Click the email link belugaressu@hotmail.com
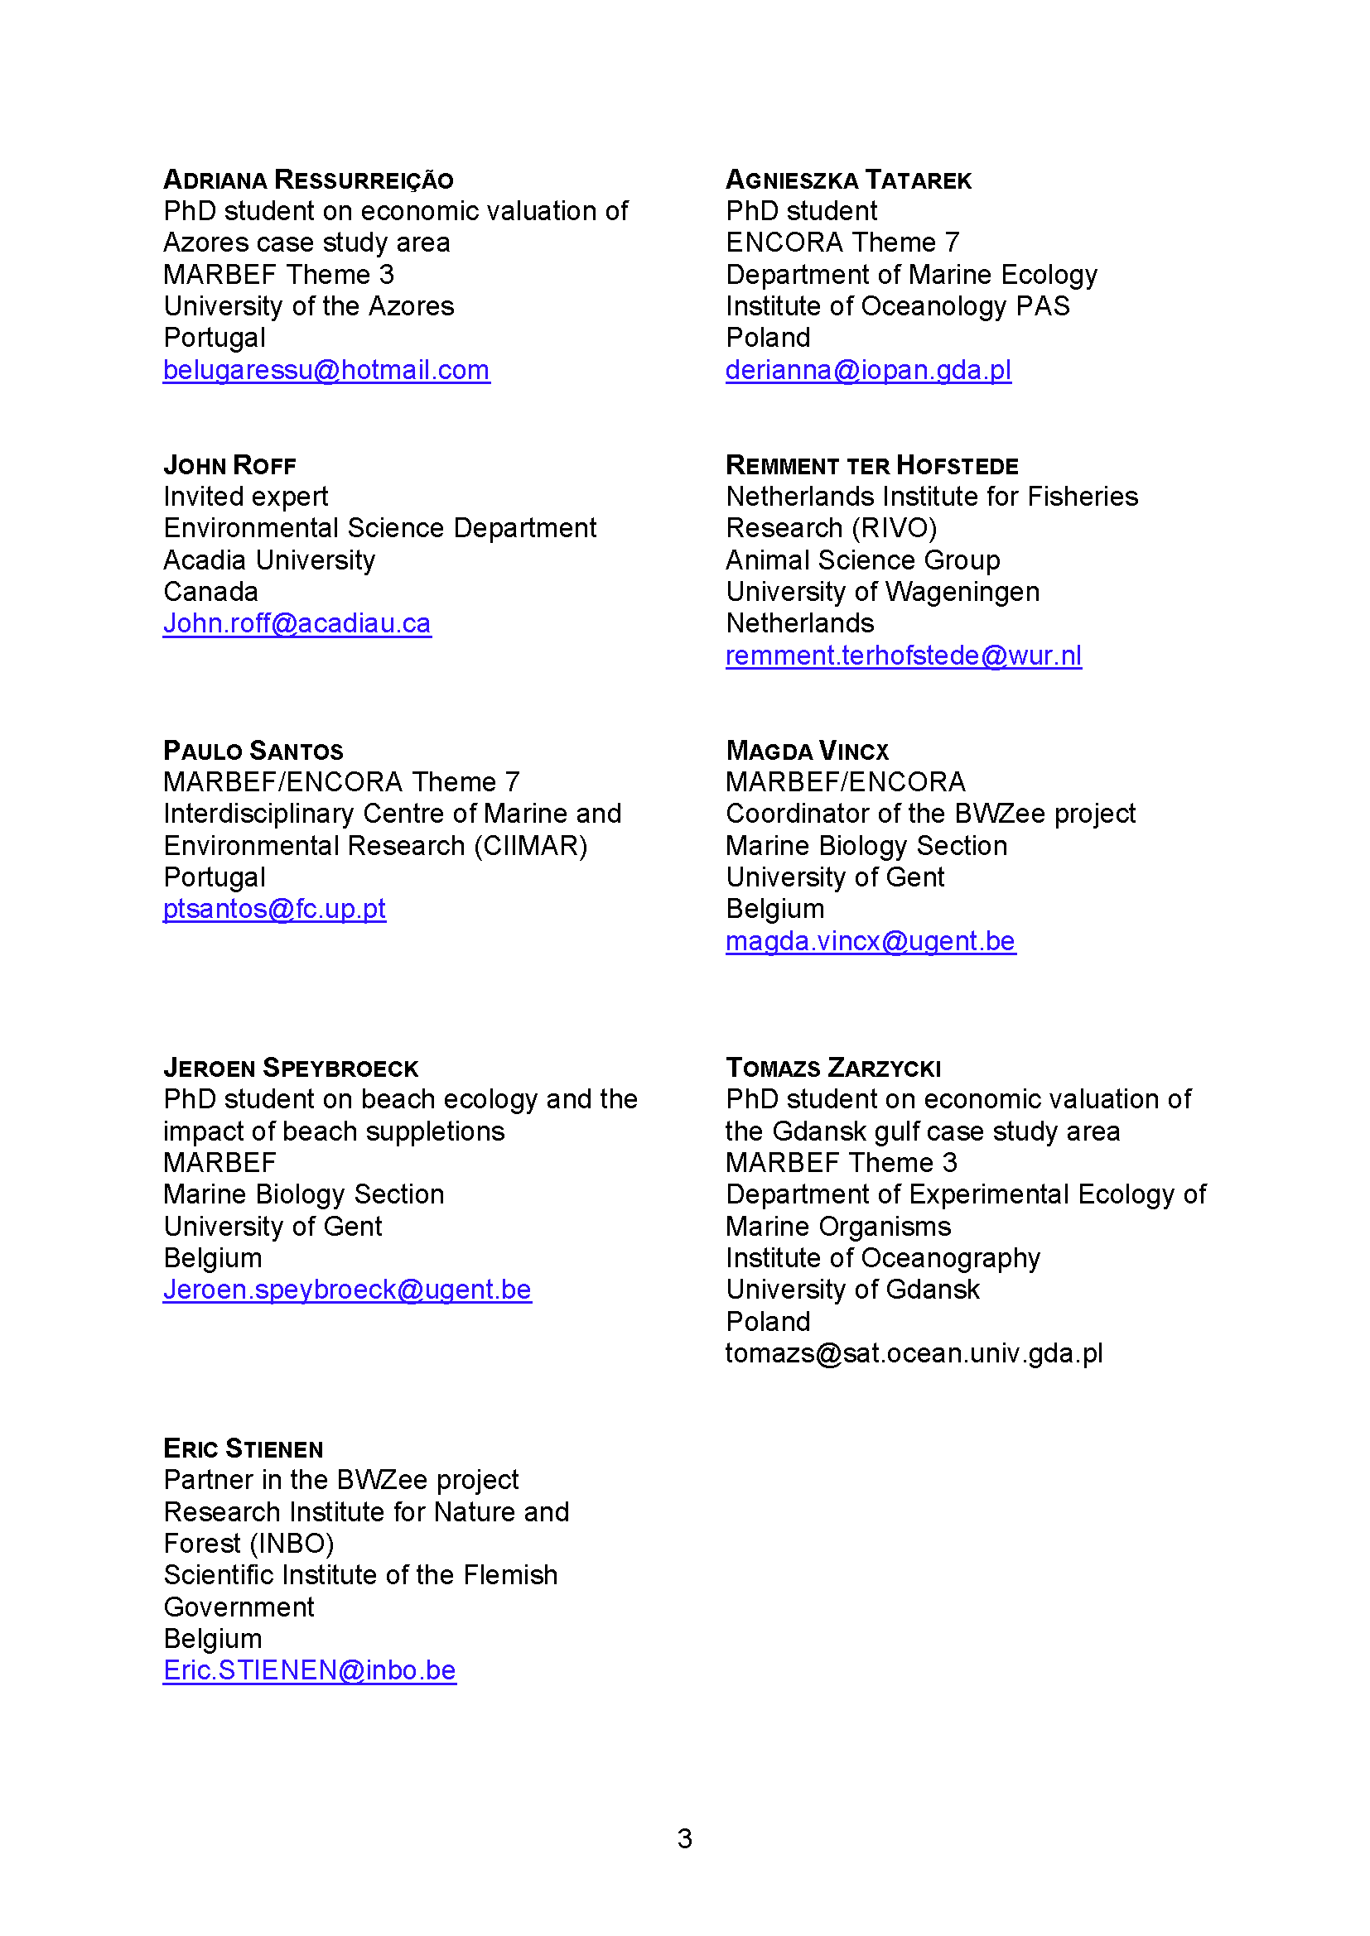(x=326, y=370)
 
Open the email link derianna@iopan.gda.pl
(x=868, y=370)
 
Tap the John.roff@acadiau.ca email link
(x=297, y=623)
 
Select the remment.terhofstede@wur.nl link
(x=904, y=656)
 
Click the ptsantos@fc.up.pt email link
(x=274, y=909)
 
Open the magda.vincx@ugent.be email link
(x=871, y=941)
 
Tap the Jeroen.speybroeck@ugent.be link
(x=347, y=1290)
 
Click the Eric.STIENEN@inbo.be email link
(x=310, y=1670)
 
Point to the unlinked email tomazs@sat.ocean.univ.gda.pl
(x=914, y=1353)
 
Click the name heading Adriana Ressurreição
(x=308, y=180)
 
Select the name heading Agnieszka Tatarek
(x=849, y=180)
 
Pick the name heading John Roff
(x=229, y=465)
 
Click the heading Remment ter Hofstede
(x=871, y=465)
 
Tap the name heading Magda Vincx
(x=808, y=751)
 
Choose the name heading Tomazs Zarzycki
(x=832, y=1068)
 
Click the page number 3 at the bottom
(x=684, y=1838)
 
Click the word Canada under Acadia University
(x=211, y=592)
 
